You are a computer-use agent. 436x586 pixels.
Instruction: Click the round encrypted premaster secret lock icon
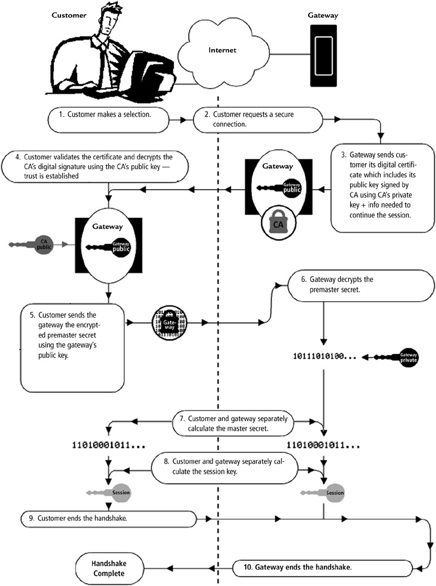[168, 322]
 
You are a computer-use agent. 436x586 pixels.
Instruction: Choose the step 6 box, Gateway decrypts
[340, 284]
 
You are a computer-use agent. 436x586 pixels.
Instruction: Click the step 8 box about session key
[225, 466]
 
